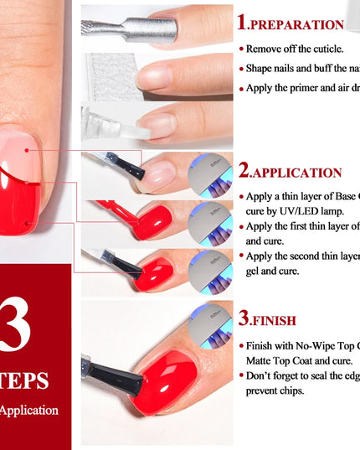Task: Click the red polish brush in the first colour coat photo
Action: coord(117,211)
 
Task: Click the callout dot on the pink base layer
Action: coord(27,151)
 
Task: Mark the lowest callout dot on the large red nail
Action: coord(28,224)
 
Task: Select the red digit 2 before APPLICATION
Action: coord(244,172)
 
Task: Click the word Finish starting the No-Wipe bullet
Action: coord(263,345)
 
